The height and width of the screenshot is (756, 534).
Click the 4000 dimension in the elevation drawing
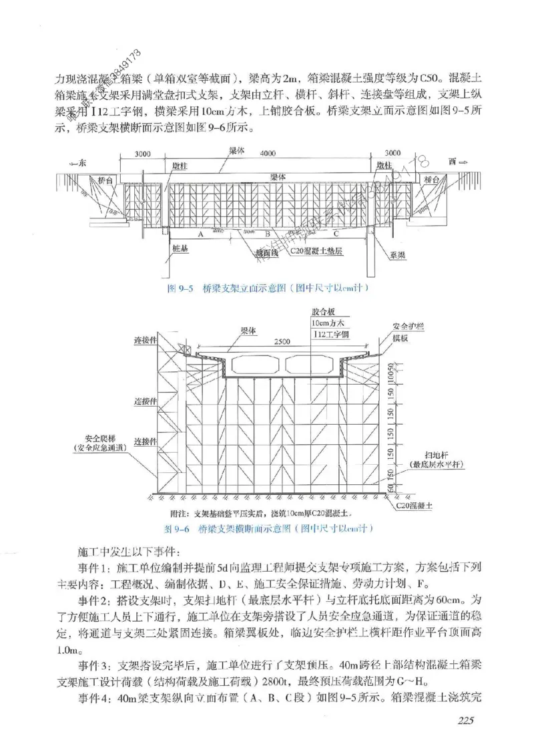[268, 154]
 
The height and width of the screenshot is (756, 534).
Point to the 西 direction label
[453, 162]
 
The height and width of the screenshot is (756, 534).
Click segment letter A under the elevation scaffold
[200, 235]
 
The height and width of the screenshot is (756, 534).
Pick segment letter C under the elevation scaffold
[336, 235]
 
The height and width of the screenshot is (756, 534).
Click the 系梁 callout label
[399, 255]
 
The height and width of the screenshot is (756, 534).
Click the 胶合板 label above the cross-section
[323, 312]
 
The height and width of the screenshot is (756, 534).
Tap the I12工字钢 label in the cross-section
[327, 333]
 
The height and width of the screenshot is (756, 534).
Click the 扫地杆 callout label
[428, 452]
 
